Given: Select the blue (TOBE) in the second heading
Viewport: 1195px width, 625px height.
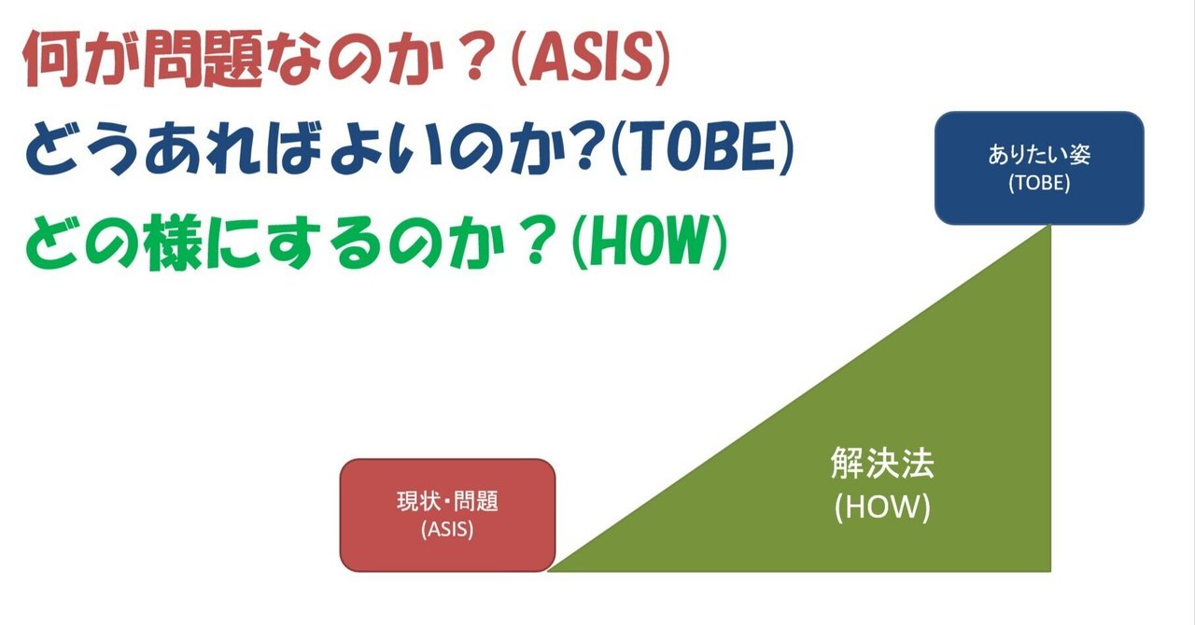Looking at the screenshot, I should pyautogui.click(x=699, y=155).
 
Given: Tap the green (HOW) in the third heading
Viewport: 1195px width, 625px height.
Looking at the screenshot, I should pyautogui.click(x=646, y=246).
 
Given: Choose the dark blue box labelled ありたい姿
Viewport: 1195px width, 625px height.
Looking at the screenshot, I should pyautogui.click(x=1039, y=168).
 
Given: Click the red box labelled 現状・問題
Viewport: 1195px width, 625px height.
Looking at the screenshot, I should pyautogui.click(x=448, y=514).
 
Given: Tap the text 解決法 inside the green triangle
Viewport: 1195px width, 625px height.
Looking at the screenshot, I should pyautogui.click(x=881, y=464).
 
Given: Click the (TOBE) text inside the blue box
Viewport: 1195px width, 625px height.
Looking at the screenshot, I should pyautogui.click(x=1039, y=184).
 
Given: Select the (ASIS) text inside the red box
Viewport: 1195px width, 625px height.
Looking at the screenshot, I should pyautogui.click(x=448, y=530).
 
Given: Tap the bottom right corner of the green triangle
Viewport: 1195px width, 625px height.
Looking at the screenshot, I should pyautogui.click(x=1051, y=569).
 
